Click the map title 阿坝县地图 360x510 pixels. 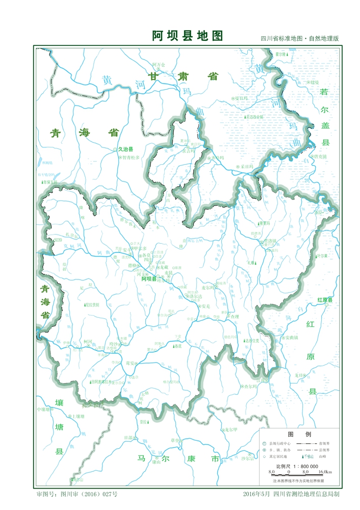(x=188, y=36)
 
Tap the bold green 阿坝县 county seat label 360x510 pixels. (x=149, y=279)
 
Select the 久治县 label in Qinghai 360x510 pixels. (x=125, y=149)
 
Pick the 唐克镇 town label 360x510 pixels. (x=321, y=157)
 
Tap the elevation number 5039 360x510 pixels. (x=58, y=239)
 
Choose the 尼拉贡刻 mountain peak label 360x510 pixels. (x=93, y=304)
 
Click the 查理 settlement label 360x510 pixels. (x=235, y=317)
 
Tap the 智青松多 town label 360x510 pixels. (x=131, y=158)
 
